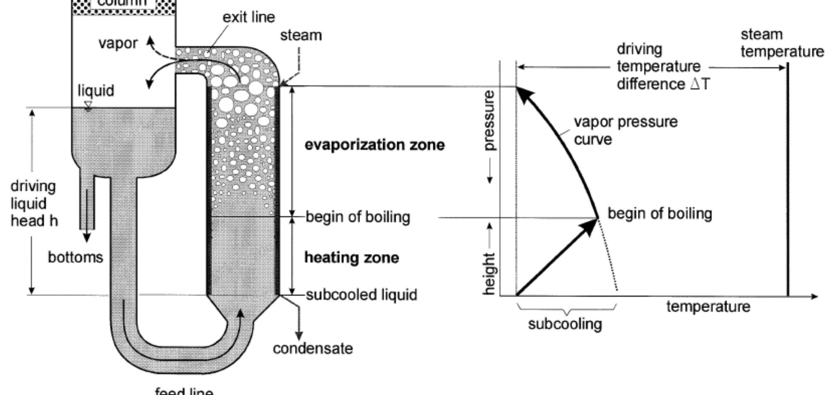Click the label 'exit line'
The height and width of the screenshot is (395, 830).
(x=248, y=17)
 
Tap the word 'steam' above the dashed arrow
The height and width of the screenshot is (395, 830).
(x=301, y=35)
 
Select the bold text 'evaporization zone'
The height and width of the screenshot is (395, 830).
(x=375, y=145)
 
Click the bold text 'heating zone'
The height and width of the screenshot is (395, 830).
(x=352, y=258)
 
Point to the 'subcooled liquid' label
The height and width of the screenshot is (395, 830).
(x=362, y=295)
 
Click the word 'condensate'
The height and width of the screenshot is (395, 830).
(x=313, y=348)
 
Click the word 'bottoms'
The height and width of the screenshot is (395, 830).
(x=75, y=258)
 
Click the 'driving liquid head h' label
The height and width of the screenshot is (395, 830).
(x=34, y=204)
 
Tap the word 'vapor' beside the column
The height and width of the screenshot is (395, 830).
(x=118, y=44)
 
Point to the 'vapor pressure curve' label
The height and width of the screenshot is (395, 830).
(x=626, y=131)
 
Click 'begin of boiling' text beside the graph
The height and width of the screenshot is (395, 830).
(x=660, y=214)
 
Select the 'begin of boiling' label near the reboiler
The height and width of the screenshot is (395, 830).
(x=358, y=217)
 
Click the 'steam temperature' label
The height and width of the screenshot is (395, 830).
(x=782, y=43)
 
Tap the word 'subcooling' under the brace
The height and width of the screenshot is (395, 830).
(x=565, y=324)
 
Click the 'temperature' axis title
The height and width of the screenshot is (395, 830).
(x=708, y=307)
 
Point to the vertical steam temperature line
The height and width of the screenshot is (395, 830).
(x=788, y=181)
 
